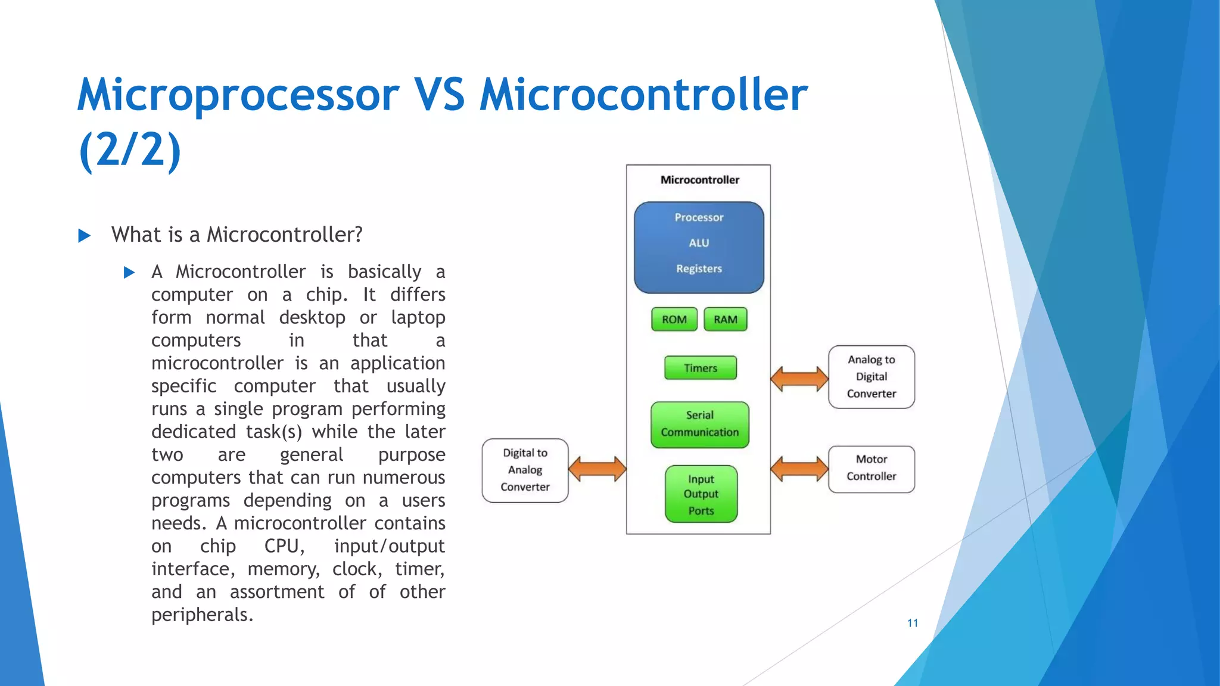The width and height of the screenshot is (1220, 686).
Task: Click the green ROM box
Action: pyautogui.click(x=674, y=320)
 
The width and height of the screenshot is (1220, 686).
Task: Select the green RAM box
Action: pyautogui.click(x=725, y=320)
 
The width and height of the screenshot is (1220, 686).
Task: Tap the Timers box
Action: pyautogui.click(x=701, y=368)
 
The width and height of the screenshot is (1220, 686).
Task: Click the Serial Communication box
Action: pyautogui.click(x=700, y=424)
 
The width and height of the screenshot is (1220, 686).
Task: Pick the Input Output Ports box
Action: pyautogui.click(x=701, y=494)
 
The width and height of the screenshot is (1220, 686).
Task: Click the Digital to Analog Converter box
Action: pyautogui.click(x=525, y=470)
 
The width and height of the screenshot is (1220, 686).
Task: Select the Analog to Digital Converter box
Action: pyautogui.click(x=872, y=377)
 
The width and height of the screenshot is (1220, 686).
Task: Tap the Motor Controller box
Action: pyautogui.click(x=872, y=469)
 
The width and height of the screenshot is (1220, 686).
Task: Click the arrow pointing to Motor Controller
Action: pyautogui.click(x=799, y=469)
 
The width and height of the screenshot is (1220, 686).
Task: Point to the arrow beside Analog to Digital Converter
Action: pyautogui.click(x=799, y=379)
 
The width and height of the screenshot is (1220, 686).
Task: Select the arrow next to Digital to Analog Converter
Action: pyautogui.click(x=597, y=469)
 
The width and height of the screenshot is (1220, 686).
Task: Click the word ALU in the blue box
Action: pyautogui.click(x=699, y=243)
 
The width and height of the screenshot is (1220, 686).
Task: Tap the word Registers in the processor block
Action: pyautogui.click(x=699, y=269)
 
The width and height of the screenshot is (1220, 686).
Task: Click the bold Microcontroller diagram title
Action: pyautogui.click(x=699, y=180)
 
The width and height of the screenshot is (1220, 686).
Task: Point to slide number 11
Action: pyautogui.click(x=912, y=623)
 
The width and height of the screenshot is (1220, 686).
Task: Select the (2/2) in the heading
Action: pyautogui.click(x=130, y=149)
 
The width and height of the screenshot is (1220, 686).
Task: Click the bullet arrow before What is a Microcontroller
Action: pyautogui.click(x=85, y=236)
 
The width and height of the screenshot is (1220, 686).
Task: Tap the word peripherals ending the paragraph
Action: pyautogui.click(x=202, y=615)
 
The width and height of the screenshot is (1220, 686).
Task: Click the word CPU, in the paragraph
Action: pyautogui.click(x=284, y=546)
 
